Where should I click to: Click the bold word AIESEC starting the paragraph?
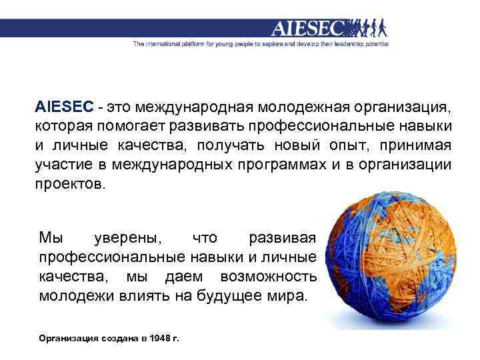[65, 108]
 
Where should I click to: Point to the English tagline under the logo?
[261, 45]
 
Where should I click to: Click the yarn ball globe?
[395, 259]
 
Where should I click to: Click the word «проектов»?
[69, 184]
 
